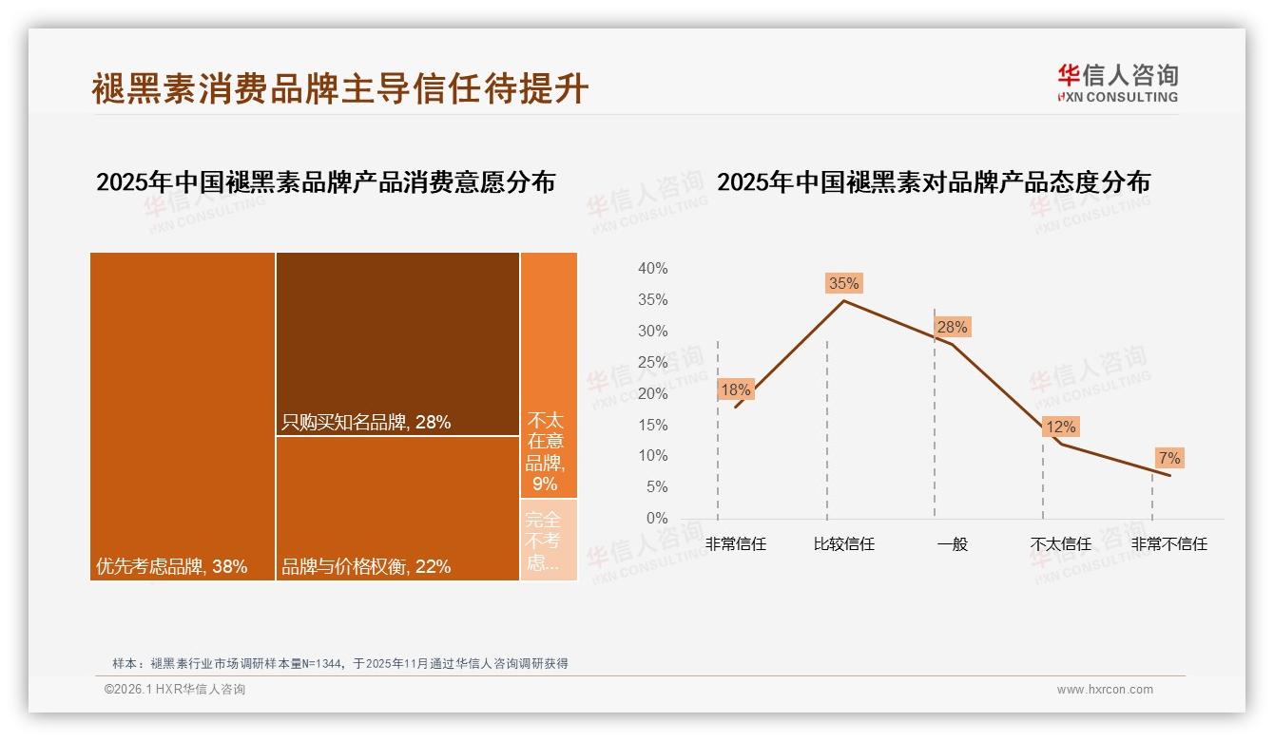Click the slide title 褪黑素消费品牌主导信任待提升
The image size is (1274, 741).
tap(340, 88)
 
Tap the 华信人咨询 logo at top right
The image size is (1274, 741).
tap(1117, 83)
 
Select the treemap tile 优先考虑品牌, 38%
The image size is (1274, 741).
tap(183, 416)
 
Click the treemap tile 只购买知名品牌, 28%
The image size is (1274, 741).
tap(397, 344)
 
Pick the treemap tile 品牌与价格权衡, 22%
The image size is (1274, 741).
tap(397, 508)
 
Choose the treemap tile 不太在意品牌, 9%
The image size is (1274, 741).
tap(549, 375)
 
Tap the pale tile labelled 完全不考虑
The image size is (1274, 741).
tap(549, 540)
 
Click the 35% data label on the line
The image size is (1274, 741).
tap(843, 283)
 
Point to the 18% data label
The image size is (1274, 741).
tap(735, 389)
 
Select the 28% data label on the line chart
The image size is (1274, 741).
tap(952, 328)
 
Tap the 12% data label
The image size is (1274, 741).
tap(1060, 427)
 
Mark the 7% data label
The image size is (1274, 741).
tap(1169, 459)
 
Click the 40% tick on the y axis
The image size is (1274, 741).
tap(652, 269)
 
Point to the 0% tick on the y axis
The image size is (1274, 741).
tap(656, 519)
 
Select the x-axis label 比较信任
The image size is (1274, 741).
tap(843, 544)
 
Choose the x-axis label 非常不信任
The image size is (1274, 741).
tap(1168, 544)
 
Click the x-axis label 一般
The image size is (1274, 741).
tap(952, 544)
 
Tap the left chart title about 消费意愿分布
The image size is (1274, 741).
tap(325, 182)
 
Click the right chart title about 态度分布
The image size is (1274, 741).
tap(933, 182)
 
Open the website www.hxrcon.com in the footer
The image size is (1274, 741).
tap(1105, 690)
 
